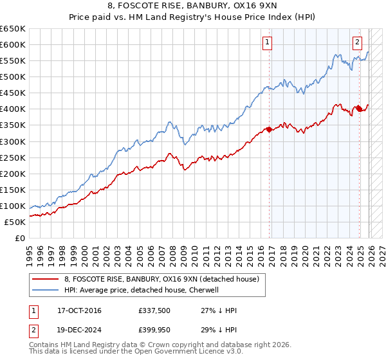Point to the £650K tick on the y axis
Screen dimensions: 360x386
point(14,29)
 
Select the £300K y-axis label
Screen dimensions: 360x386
point(14,141)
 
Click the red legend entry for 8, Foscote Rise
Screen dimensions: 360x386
point(161,279)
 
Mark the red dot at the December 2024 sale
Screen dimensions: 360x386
point(359,108)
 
